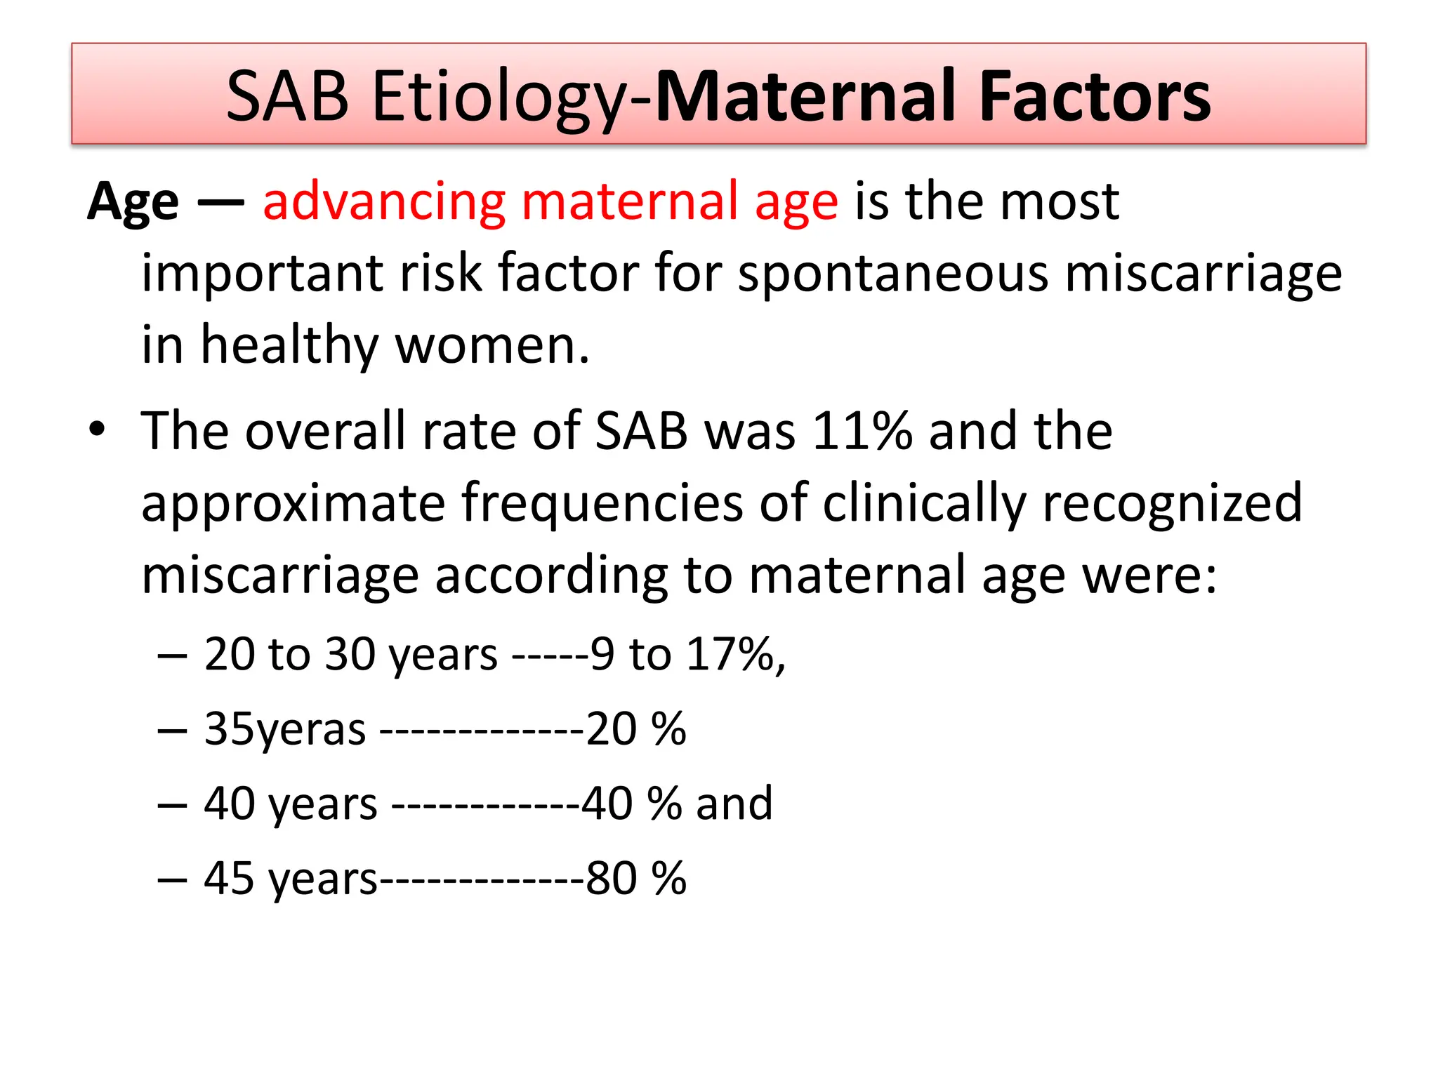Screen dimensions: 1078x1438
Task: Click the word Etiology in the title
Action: click(x=499, y=96)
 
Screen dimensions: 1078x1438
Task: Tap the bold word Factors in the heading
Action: click(x=1095, y=96)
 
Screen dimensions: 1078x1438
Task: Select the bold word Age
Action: click(x=133, y=202)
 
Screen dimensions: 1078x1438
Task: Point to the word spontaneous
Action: click(x=892, y=274)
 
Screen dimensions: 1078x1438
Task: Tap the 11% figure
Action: click(x=862, y=431)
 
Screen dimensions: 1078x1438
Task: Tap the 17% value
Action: click(x=730, y=654)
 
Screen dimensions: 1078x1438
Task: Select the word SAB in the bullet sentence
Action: click(x=641, y=431)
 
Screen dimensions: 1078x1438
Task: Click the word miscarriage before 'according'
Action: click(x=280, y=575)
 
